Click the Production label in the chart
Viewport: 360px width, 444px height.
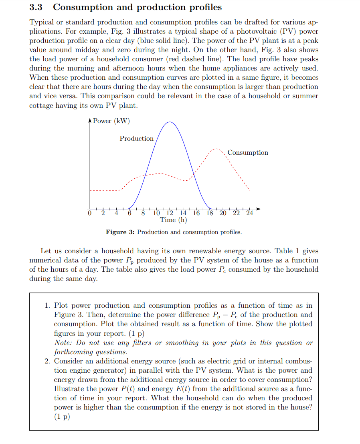136,139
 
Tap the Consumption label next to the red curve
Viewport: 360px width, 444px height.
248,153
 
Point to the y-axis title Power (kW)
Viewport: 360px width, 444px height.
111,121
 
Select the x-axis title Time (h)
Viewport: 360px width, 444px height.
173,220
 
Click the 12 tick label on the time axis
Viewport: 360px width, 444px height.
170,213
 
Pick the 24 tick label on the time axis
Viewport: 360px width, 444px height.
249,213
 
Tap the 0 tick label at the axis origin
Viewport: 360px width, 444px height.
90,213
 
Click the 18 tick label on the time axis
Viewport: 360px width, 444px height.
210,213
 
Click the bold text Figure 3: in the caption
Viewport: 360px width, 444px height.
120,232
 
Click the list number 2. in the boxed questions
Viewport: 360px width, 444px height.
47,361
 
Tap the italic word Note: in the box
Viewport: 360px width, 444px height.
63,343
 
